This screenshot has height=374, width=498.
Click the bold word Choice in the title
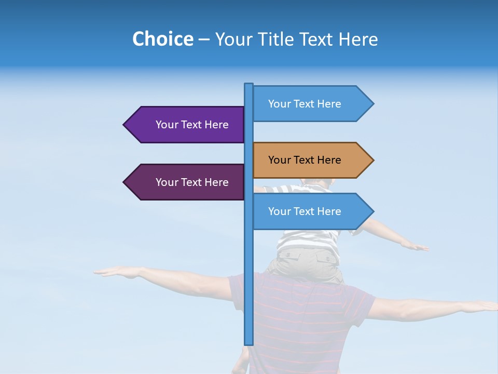[162, 39]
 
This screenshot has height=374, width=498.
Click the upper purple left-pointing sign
[187, 125]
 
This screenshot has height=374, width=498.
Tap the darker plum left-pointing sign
[187, 182]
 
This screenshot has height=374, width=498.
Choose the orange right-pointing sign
[309, 160]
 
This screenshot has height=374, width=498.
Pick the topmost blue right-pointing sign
[309, 104]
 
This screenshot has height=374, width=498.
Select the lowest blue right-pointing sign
[309, 211]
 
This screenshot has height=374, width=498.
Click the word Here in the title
[358, 39]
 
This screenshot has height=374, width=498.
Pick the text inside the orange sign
[305, 160]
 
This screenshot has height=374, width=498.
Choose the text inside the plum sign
[192, 182]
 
